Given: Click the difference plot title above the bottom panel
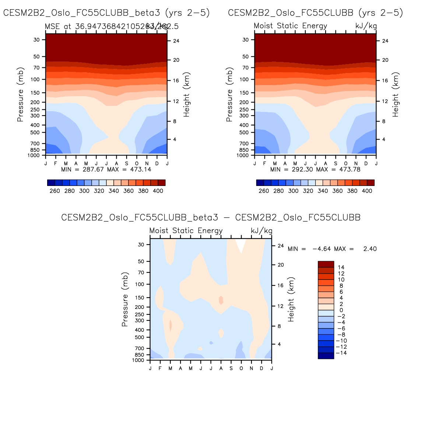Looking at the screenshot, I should [x=211, y=218].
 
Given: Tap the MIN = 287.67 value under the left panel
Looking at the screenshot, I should [x=82, y=169].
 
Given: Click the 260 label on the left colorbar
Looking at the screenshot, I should [x=55, y=191].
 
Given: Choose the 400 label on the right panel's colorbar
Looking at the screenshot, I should [x=367, y=191].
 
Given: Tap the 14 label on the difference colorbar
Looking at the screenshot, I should [x=341, y=267].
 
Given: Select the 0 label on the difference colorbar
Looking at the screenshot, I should [x=341, y=310].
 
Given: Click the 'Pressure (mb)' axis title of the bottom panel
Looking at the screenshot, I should [x=125, y=300].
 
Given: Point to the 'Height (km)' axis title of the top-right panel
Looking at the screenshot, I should [x=396, y=95].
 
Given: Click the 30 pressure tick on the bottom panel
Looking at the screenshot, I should [x=141, y=245].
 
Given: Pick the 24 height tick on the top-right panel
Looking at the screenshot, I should [x=385, y=41].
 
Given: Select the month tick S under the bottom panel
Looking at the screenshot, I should [x=231, y=368].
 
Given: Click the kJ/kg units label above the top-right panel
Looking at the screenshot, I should [x=366, y=26].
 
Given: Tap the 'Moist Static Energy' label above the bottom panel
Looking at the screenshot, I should [x=186, y=231].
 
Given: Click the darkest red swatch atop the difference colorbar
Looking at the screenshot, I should [x=326, y=264].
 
